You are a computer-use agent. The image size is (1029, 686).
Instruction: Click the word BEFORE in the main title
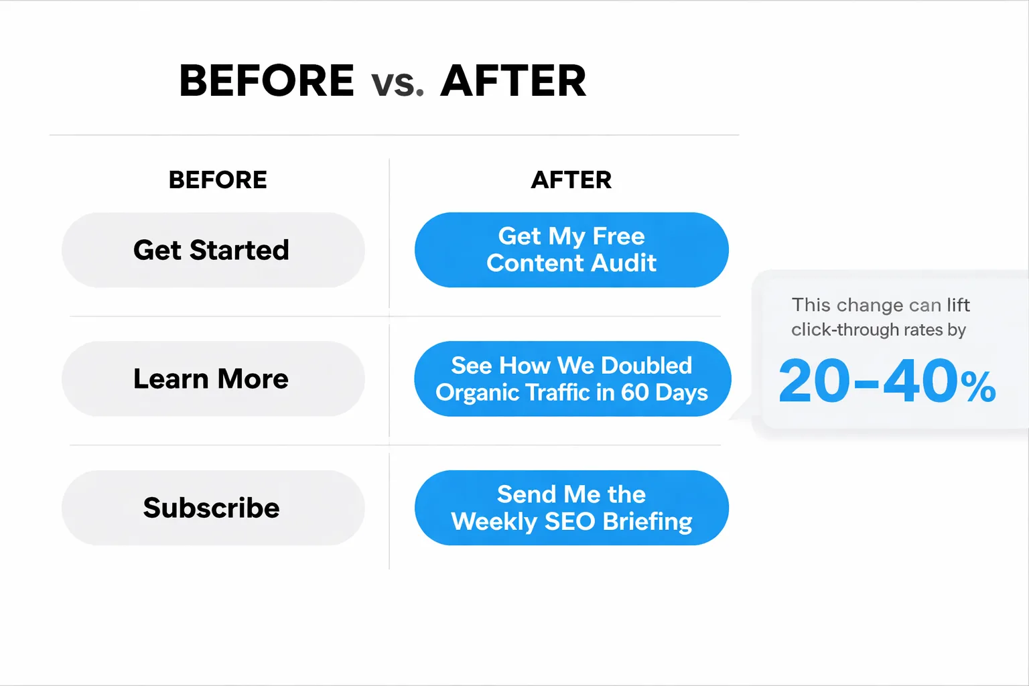tap(267, 81)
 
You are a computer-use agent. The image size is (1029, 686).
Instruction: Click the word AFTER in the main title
tap(513, 81)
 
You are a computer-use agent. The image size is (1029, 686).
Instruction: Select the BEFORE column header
tap(218, 180)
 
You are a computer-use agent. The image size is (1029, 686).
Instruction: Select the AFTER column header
tap(571, 180)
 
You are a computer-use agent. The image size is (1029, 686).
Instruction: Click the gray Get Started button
tap(213, 250)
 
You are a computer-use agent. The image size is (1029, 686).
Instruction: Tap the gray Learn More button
tap(213, 379)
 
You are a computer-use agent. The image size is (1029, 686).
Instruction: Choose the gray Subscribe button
tap(213, 508)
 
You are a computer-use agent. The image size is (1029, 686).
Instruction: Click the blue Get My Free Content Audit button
tap(571, 250)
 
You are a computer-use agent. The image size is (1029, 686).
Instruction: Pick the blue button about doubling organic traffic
tap(572, 379)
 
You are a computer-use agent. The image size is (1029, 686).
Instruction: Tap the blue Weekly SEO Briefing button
tap(571, 508)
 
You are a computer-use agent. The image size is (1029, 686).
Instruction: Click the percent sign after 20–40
tap(978, 387)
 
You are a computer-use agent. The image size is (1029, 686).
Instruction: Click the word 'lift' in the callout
tap(958, 305)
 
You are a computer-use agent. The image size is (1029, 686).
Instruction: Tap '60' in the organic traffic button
tap(634, 392)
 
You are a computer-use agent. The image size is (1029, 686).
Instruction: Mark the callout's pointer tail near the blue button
tap(742, 413)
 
